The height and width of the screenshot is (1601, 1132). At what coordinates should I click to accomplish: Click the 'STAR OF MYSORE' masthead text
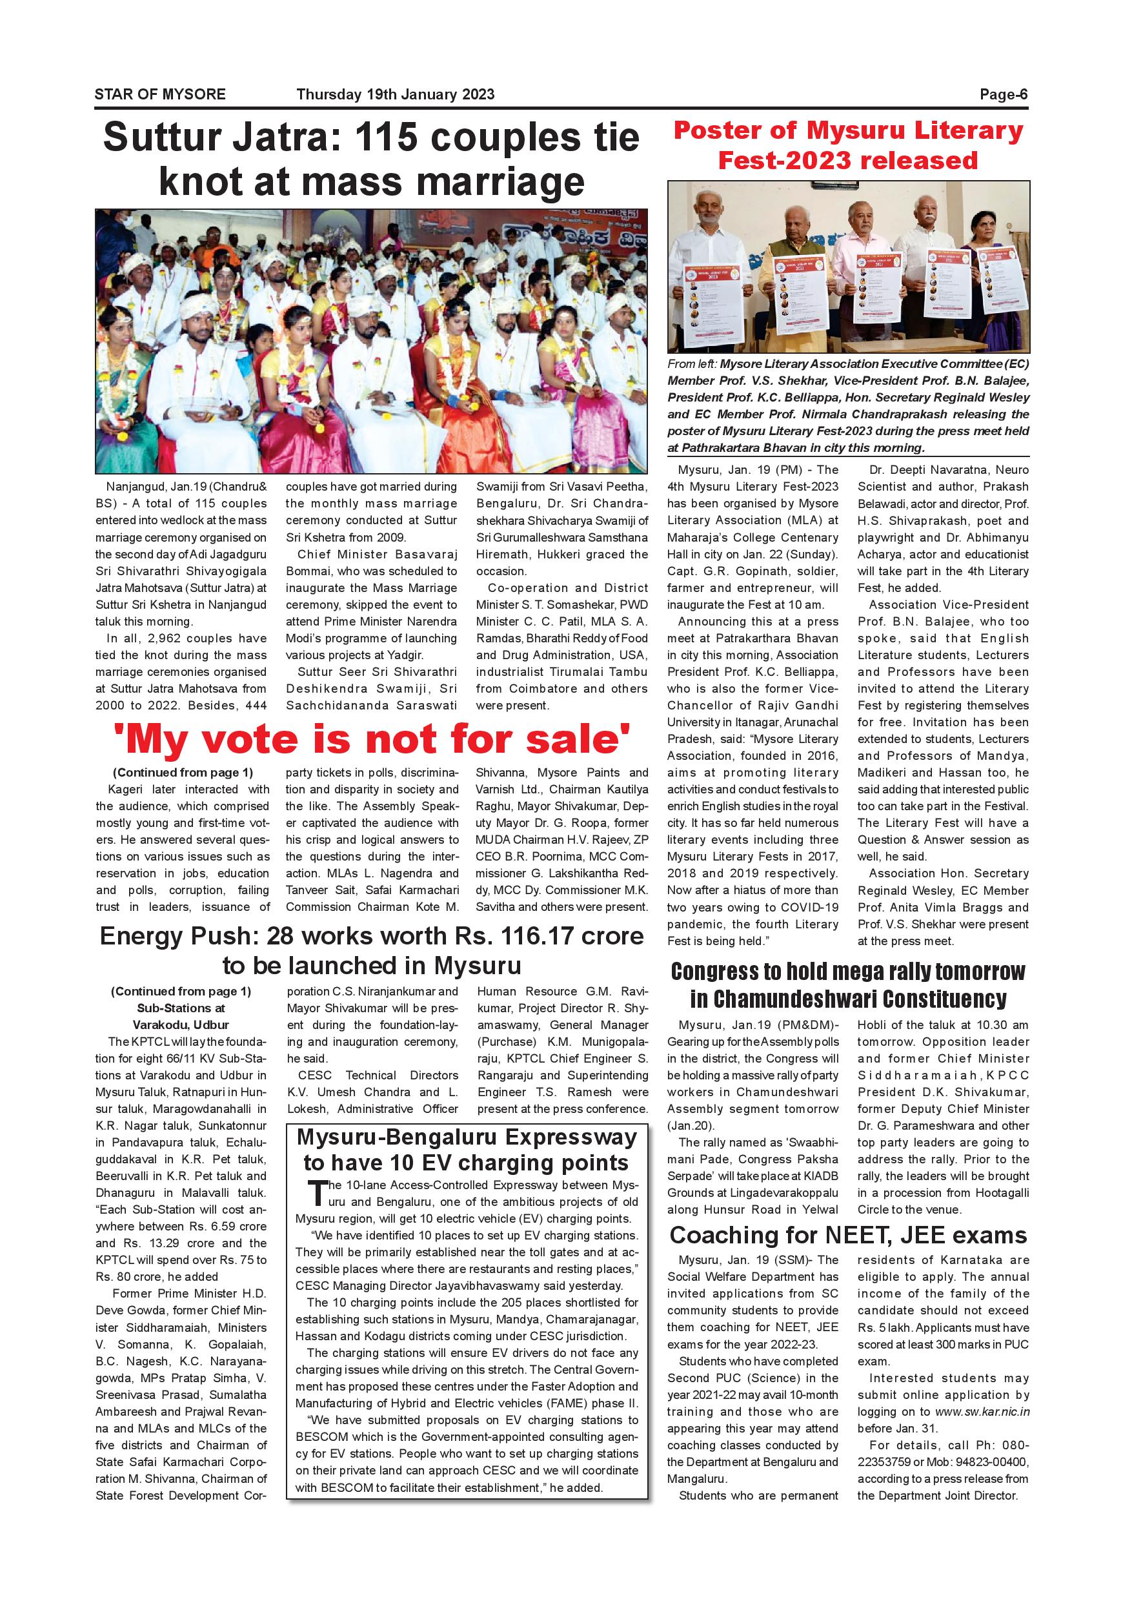point(159,94)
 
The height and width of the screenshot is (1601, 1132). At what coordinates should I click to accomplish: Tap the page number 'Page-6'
point(1003,94)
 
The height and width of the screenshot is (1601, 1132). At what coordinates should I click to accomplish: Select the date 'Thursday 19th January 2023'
point(395,94)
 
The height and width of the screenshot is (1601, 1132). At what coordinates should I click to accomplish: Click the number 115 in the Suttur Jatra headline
point(392,138)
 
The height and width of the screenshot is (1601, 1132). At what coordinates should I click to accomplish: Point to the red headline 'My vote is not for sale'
point(372,739)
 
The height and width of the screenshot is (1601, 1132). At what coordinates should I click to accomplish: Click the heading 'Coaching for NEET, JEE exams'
point(847,1235)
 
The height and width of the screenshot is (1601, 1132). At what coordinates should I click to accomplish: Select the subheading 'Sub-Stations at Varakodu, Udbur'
point(181,1017)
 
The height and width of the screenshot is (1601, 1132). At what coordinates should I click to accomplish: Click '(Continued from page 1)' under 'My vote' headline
point(183,773)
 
